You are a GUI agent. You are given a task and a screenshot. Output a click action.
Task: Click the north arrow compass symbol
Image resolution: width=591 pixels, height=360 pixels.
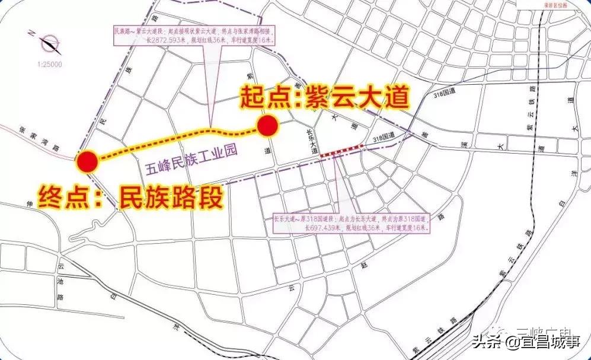48,43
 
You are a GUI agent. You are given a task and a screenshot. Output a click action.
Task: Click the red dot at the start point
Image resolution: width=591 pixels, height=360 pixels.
267,126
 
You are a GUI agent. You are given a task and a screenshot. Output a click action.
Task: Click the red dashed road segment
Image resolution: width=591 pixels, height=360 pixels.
341,151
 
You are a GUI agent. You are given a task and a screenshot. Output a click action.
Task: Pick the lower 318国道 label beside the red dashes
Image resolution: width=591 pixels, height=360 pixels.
384,138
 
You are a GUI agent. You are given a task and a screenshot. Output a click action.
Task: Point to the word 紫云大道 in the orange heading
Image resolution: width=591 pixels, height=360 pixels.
357,97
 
